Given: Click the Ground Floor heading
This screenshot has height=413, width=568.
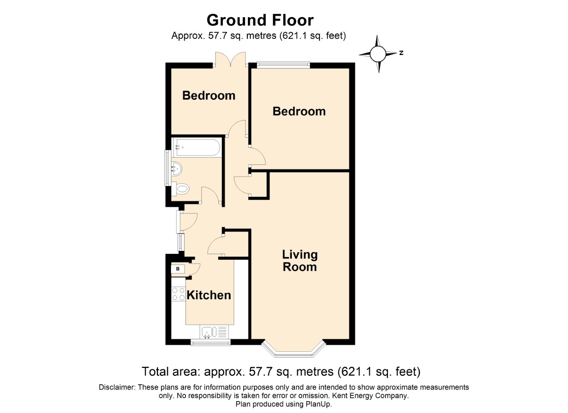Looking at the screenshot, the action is tap(260, 20).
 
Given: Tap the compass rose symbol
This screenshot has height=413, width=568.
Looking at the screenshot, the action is tap(378, 54).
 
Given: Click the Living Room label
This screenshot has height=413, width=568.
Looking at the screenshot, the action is tap(300, 261).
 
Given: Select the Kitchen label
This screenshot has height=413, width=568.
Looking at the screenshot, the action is tap(209, 295).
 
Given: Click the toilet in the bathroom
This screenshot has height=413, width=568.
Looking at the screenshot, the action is tap(181, 189).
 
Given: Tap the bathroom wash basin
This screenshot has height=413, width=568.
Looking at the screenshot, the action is tap(177, 169).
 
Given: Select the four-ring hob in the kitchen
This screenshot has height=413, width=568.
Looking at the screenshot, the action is tap(179, 294).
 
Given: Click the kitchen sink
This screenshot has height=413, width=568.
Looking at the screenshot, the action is tap(214, 332).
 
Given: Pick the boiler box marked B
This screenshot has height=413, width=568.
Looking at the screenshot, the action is tap(178, 269).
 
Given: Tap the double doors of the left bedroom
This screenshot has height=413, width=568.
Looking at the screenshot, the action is tap(231, 60).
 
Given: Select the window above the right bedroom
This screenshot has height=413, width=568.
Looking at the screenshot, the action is tap(283, 65).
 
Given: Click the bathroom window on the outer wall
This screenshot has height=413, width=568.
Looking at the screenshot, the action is tap(168, 168).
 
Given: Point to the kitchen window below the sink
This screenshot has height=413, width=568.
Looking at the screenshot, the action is tap(210, 343).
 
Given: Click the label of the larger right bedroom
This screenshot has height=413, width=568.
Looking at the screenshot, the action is tap(299, 112).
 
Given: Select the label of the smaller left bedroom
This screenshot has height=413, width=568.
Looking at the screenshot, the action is tap(209, 96).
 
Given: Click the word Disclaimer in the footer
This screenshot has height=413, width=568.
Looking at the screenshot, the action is tap(117, 387).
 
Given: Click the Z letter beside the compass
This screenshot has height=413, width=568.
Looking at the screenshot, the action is tap(401, 53).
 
